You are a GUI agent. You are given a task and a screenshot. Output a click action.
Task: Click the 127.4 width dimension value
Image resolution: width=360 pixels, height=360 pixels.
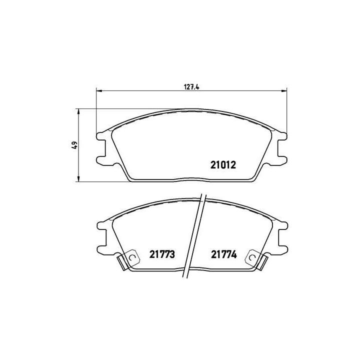click(191, 86)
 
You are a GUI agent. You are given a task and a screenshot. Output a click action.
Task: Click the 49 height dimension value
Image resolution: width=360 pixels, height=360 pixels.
click(73, 145)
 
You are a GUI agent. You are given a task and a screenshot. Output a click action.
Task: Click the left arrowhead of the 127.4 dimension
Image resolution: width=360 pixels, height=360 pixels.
click(98, 91)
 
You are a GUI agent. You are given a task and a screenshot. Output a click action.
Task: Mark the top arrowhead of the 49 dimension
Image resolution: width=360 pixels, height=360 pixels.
click(78, 111)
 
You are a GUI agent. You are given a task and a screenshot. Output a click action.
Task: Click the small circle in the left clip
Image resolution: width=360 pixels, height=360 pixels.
click(132, 257)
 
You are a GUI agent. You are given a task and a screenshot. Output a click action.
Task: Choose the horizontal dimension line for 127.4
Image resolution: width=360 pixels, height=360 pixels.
click(150, 91)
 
